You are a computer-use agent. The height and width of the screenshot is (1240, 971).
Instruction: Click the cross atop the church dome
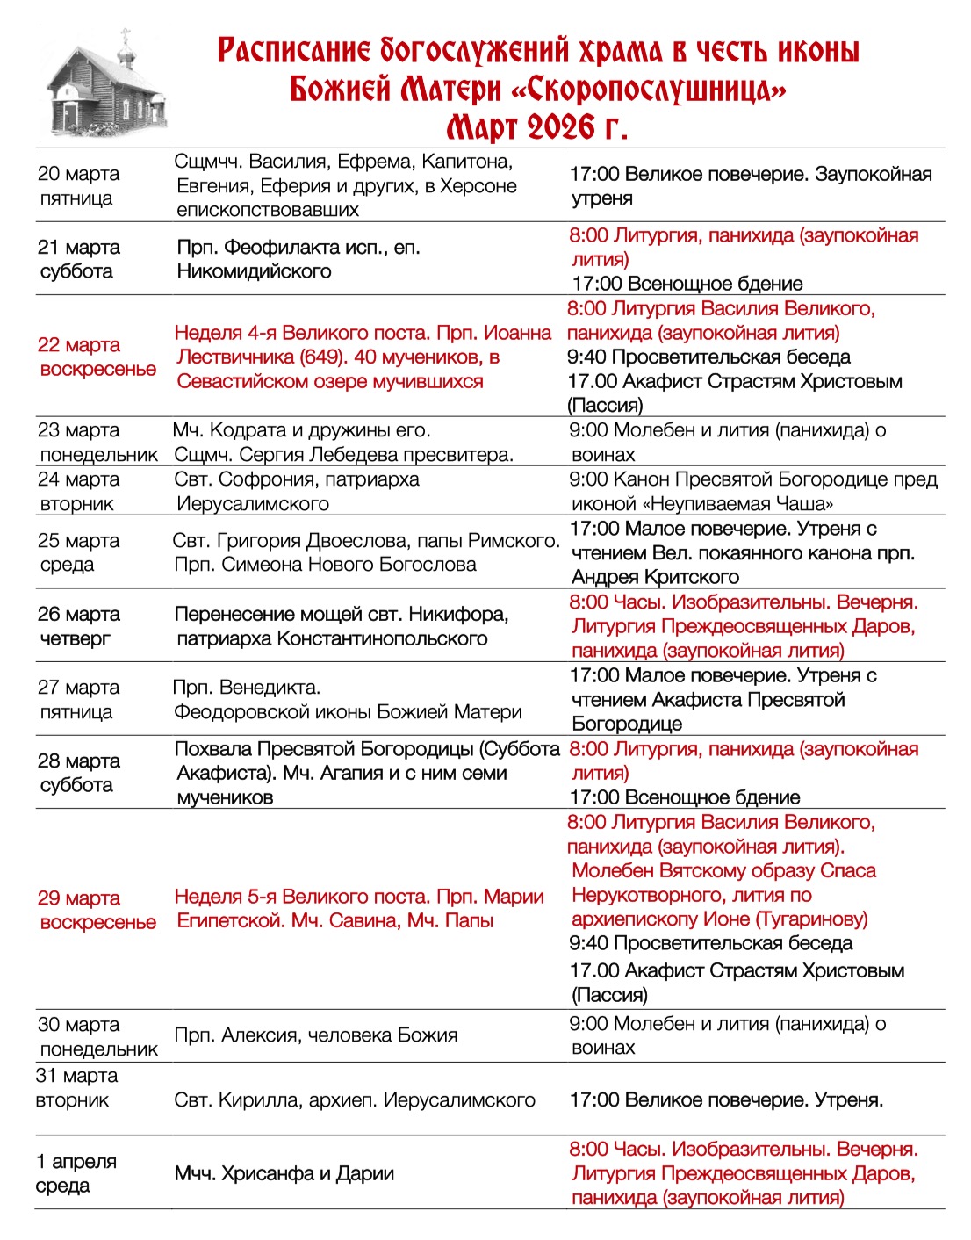[126, 35]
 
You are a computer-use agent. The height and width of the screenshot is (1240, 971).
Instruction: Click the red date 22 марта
[79, 345]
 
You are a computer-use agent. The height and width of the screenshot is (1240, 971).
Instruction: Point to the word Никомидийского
[254, 271]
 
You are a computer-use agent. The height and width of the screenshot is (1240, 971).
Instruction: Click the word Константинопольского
[382, 638]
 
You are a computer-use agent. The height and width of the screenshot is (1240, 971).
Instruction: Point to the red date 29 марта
[79, 898]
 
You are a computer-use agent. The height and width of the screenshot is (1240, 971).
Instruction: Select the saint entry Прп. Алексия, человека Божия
[316, 1035]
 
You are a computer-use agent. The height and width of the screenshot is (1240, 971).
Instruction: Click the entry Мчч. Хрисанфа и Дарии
[284, 1174]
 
